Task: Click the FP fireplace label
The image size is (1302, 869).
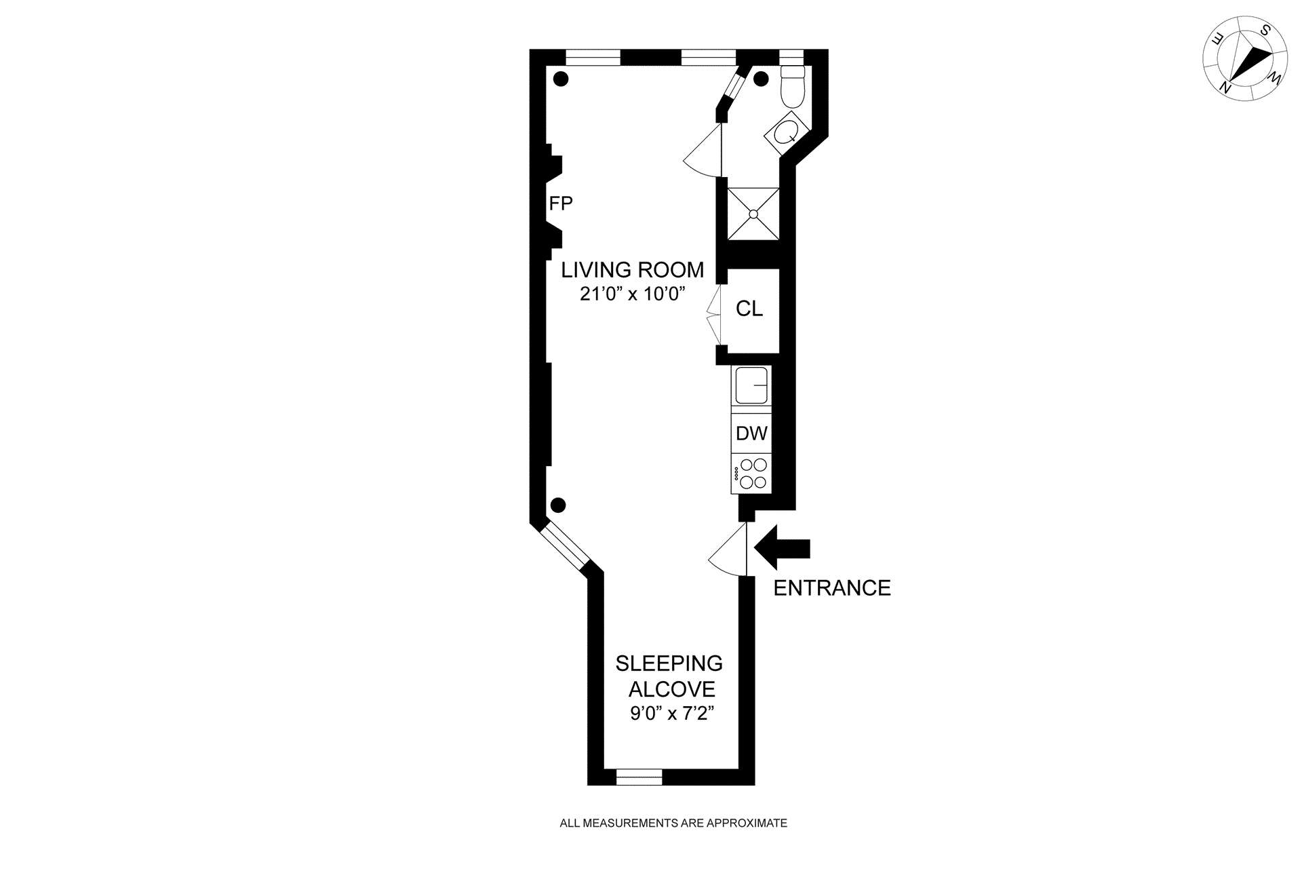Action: click(x=560, y=203)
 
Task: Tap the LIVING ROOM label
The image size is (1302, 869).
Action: click(x=632, y=270)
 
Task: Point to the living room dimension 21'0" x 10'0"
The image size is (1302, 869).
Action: click(x=633, y=294)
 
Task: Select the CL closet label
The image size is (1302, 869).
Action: click(x=749, y=309)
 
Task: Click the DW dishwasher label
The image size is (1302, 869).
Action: click(x=751, y=433)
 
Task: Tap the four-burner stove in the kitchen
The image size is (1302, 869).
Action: click(x=751, y=474)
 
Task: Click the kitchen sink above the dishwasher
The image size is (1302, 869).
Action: click(x=751, y=385)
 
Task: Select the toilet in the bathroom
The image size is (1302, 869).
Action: click(x=791, y=86)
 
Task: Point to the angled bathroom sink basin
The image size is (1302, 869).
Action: click(x=787, y=132)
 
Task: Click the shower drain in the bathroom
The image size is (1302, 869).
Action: click(x=753, y=214)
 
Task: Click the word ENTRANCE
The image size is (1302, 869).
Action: click(x=832, y=588)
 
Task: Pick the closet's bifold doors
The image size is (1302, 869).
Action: click(x=712, y=313)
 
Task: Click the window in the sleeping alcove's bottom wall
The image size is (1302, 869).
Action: click(x=639, y=777)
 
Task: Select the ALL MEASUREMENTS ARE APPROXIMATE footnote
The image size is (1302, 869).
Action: click(x=673, y=824)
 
